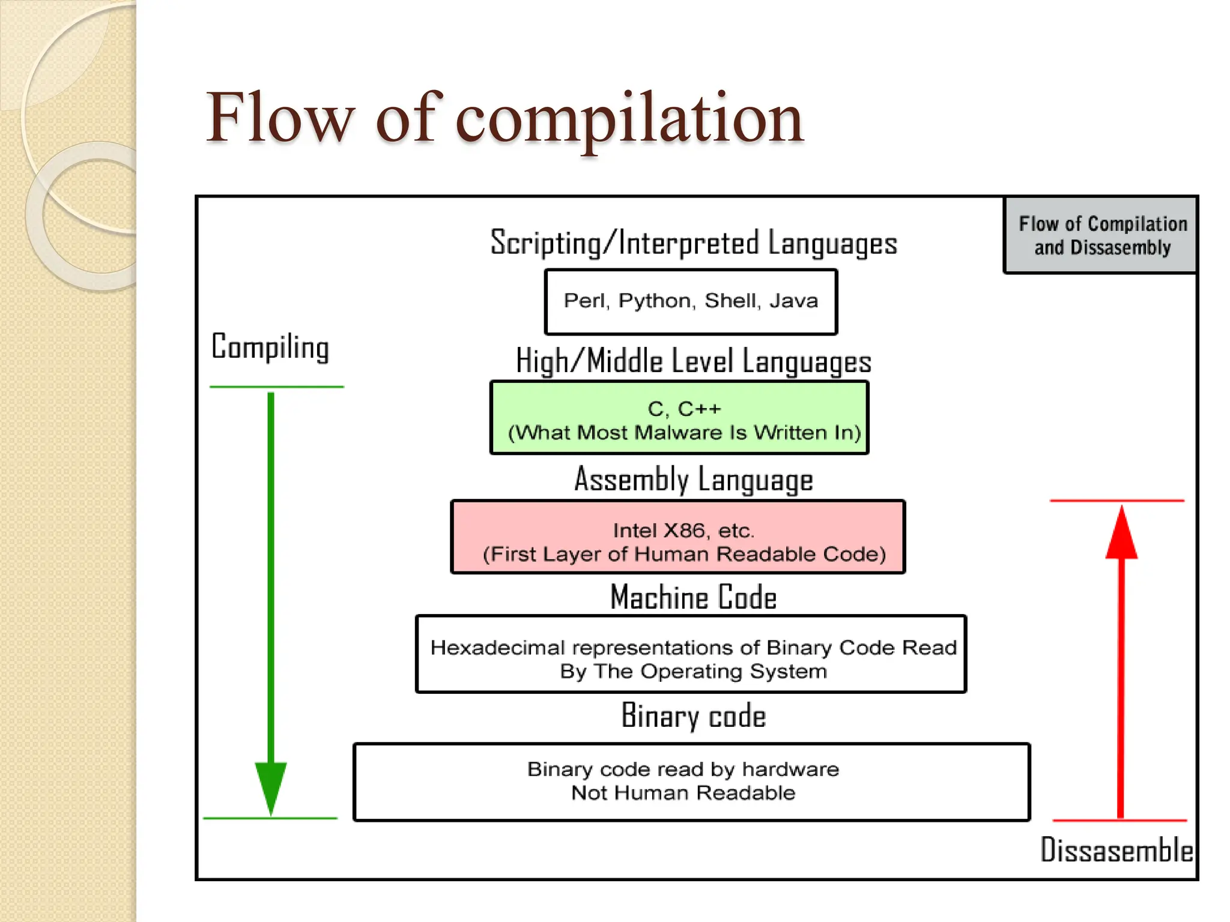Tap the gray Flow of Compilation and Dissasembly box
pyautogui.click(x=1101, y=235)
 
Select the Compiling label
pyautogui.click(x=270, y=348)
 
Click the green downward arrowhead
pyautogui.click(x=271, y=786)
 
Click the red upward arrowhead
pyautogui.click(x=1121, y=534)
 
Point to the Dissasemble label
pyautogui.click(x=1116, y=850)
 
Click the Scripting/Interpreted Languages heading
pyautogui.click(x=693, y=243)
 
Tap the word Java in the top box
pyautogui.click(x=793, y=300)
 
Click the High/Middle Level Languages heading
pyautogui.click(x=693, y=361)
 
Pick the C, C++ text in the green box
pyautogui.click(x=684, y=409)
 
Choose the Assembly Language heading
pyautogui.click(x=693, y=480)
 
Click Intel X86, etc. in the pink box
pyautogui.click(x=683, y=530)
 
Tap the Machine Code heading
pyautogui.click(x=693, y=597)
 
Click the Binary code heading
pyautogui.click(x=693, y=716)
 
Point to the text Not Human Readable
pyautogui.click(x=683, y=793)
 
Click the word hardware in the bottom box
pyautogui.click(x=790, y=769)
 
